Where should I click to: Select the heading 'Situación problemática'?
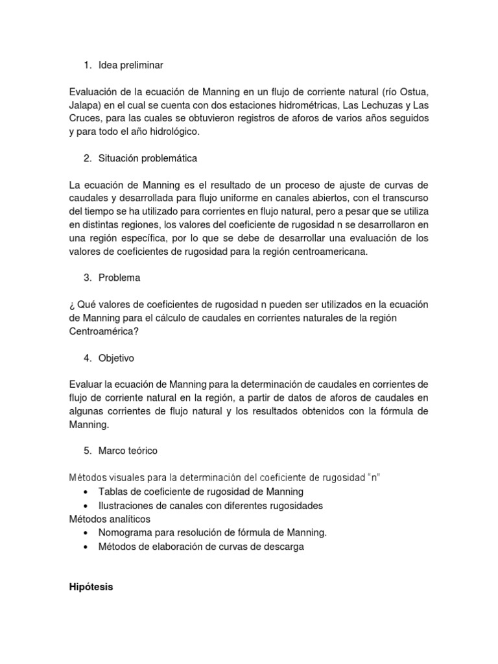147,158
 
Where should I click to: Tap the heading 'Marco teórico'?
128,450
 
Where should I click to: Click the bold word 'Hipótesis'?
91,587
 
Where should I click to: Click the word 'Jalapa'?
83,105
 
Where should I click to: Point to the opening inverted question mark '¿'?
71,304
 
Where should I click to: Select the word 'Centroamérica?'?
103,331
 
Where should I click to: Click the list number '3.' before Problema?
88,278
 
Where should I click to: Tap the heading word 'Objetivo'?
117,357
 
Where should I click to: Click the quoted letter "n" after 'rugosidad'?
373,478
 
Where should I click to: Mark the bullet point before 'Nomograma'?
87,533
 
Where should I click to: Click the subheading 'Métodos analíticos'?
110,519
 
